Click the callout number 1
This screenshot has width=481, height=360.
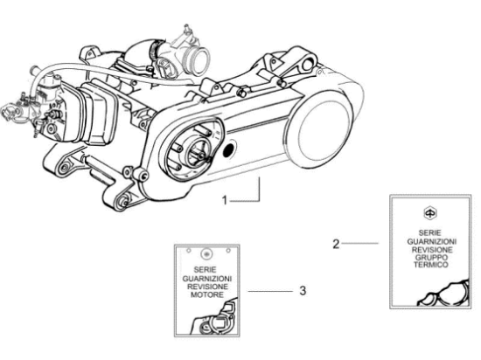[225, 201]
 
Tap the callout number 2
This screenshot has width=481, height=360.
[336, 244]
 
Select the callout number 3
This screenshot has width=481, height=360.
[303, 291]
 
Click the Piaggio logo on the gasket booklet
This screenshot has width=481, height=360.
[430, 213]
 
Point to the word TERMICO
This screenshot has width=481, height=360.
[431, 265]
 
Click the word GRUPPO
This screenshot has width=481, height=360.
[431, 258]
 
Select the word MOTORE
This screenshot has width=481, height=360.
[207, 294]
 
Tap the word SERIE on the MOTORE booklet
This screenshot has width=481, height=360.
[205, 270]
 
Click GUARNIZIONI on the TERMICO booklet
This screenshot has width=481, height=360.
[432, 241]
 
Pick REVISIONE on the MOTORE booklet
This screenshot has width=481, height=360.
[207, 287]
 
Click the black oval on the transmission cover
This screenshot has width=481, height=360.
[228, 149]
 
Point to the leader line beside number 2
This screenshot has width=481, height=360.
[360, 243]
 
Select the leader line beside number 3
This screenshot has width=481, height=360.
[270, 291]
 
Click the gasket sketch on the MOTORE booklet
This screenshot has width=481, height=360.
[215, 317]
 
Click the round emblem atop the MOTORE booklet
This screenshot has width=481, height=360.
[206, 253]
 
